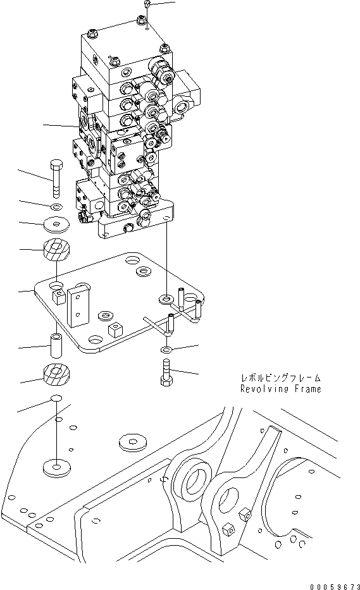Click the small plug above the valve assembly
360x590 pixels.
pos(146,4)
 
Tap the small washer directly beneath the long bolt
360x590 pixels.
pos(56,207)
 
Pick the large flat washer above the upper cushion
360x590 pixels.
pos(56,224)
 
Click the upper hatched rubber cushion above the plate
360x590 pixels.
pos(56,250)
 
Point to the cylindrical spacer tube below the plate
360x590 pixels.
pos(56,346)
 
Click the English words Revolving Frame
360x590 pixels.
pos(280,390)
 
